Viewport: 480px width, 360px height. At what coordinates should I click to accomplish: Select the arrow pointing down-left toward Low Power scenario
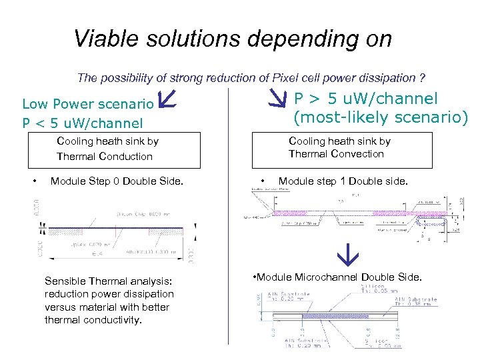[166, 100]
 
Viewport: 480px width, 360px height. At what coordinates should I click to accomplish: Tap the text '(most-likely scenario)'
[381, 118]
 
